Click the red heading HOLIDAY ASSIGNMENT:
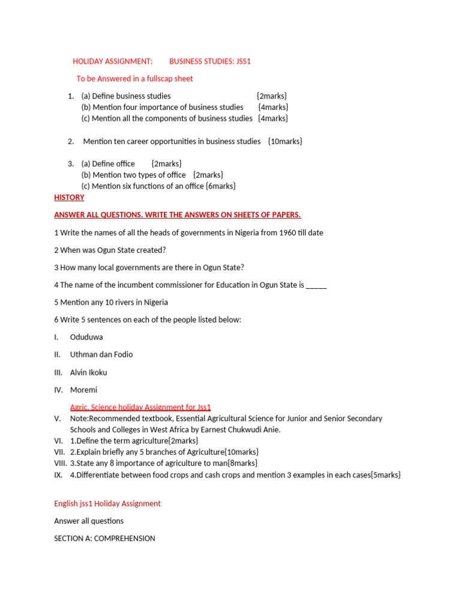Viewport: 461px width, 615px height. tap(113, 61)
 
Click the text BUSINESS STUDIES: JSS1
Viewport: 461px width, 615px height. tap(209, 61)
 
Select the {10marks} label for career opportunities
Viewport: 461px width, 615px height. tap(285, 141)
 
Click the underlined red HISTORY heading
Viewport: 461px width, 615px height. tap(69, 198)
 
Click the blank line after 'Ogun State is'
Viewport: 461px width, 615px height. tap(316, 285)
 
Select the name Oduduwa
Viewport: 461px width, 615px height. tap(86, 337)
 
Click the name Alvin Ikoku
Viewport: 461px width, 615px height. tap(88, 372)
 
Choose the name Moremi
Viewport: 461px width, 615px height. tap(83, 390)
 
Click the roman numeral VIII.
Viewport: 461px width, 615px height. tap(60, 463)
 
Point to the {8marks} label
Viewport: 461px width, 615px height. tap(243, 463)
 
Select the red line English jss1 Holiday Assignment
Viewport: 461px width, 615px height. tap(107, 503)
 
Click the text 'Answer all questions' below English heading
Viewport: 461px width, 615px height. tap(89, 521)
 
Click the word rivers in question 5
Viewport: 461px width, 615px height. tap(116, 302)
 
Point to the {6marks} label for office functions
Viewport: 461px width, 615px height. tap(220, 186)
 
